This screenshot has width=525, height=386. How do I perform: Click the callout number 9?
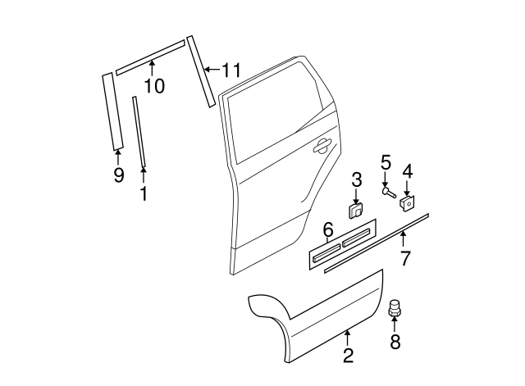pos(118,175)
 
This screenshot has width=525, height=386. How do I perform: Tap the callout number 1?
pos(144,193)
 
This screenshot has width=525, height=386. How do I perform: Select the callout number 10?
pos(153,85)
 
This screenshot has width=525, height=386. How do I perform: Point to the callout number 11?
pos(231,71)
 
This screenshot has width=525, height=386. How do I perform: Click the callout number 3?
pos(357,179)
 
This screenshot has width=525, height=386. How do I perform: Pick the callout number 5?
pos(386,162)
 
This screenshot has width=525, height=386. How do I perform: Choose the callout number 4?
pos(407,172)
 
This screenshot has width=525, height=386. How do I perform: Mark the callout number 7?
pos(404,260)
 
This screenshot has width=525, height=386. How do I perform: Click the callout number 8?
pos(395,341)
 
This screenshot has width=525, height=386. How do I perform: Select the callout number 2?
pos(349,355)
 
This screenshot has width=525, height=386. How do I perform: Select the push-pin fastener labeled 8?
pos(395,309)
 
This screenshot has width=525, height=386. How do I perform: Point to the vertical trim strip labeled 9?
pos(111,111)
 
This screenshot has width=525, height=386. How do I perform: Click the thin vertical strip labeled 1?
pos(139,131)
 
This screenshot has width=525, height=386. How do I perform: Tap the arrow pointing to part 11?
pos(211,71)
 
